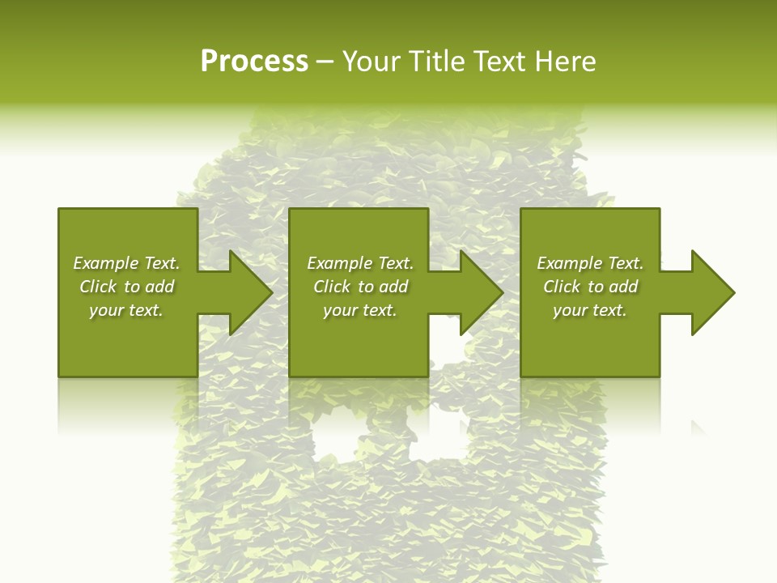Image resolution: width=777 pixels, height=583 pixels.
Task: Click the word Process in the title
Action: tap(254, 62)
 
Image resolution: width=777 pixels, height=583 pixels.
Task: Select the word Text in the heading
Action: tap(499, 62)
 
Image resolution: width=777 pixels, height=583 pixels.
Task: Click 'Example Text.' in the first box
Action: tap(126, 263)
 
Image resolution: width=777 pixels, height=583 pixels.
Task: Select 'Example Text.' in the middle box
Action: tap(360, 263)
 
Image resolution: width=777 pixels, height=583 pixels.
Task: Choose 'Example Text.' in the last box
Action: tap(590, 263)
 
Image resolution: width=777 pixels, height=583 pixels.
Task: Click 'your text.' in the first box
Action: tap(126, 310)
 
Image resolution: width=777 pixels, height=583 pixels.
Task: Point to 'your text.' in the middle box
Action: tap(360, 310)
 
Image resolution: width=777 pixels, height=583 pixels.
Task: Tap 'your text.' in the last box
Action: tap(590, 310)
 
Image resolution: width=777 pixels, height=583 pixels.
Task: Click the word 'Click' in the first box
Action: tap(98, 287)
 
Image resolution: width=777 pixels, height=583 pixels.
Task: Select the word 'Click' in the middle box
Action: tap(332, 287)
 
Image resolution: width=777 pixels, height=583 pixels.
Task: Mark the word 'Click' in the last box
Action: tap(562, 287)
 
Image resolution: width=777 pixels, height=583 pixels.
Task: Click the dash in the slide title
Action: tap(325, 62)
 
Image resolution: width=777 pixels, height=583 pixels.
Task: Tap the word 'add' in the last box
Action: tap(623, 287)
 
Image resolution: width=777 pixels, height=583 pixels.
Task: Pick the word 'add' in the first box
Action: tap(159, 287)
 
